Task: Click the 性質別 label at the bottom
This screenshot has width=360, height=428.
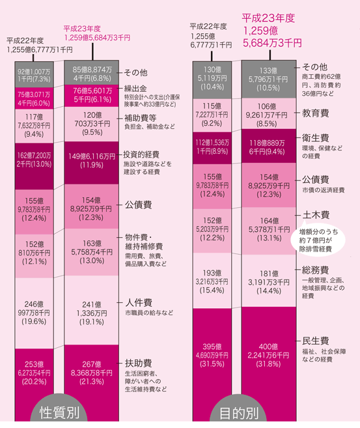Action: [59, 412]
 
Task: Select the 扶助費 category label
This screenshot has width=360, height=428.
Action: [138, 364]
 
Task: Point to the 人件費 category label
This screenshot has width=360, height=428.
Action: [139, 302]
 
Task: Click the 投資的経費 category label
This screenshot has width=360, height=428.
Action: [141, 154]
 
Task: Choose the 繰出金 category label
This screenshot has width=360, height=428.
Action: [135, 89]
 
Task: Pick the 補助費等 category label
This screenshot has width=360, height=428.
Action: [141, 118]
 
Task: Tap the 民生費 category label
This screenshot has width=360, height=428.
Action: [316, 341]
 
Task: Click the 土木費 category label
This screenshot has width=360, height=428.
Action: [316, 215]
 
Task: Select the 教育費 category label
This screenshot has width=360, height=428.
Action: [315, 113]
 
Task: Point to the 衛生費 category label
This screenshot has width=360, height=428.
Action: [315, 138]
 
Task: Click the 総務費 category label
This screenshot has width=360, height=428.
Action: [315, 270]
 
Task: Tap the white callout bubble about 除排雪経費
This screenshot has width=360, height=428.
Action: [318, 240]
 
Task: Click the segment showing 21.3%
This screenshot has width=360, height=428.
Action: [92, 383]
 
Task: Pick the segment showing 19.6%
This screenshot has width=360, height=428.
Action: [34, 313]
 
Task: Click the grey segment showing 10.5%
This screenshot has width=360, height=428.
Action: [269, 79]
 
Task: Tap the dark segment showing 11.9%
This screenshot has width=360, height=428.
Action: [92, 163]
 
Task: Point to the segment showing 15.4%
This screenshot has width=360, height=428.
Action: [212, 281]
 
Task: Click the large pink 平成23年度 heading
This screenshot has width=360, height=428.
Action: [268, 18]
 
